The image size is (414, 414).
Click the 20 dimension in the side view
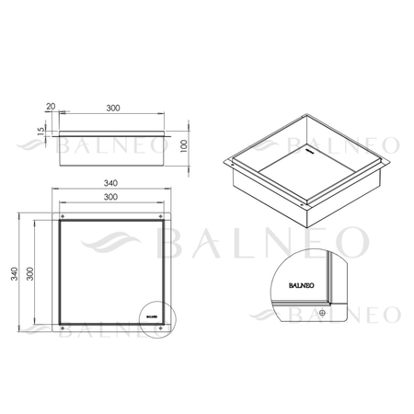tap(50, 108)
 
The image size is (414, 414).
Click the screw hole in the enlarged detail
tap(321, 312)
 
